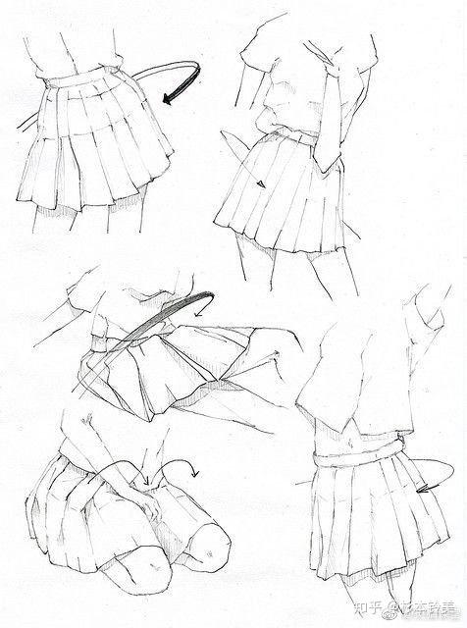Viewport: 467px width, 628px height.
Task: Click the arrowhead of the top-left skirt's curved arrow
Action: coord(170,98)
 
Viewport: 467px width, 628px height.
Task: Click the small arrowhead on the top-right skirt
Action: coord(262,183)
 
